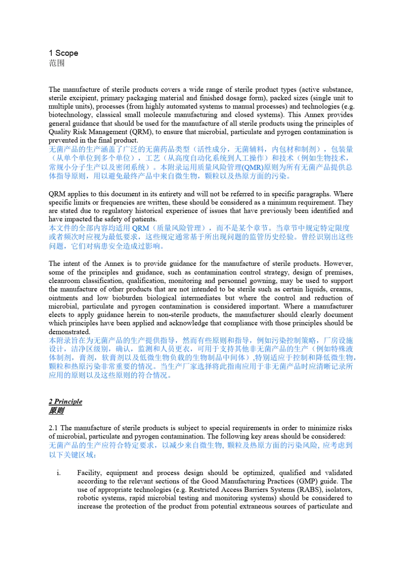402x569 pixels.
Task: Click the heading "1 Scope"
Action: [x=63, y=53]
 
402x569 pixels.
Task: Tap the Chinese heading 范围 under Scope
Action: [x=57, y=63]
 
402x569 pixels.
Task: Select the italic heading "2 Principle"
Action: [x=66, y=401]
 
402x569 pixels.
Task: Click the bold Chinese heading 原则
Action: [x=56, y=410]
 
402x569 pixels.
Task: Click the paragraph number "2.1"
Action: [x=54, y=428]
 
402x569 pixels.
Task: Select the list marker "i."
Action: [x=58, y=473]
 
